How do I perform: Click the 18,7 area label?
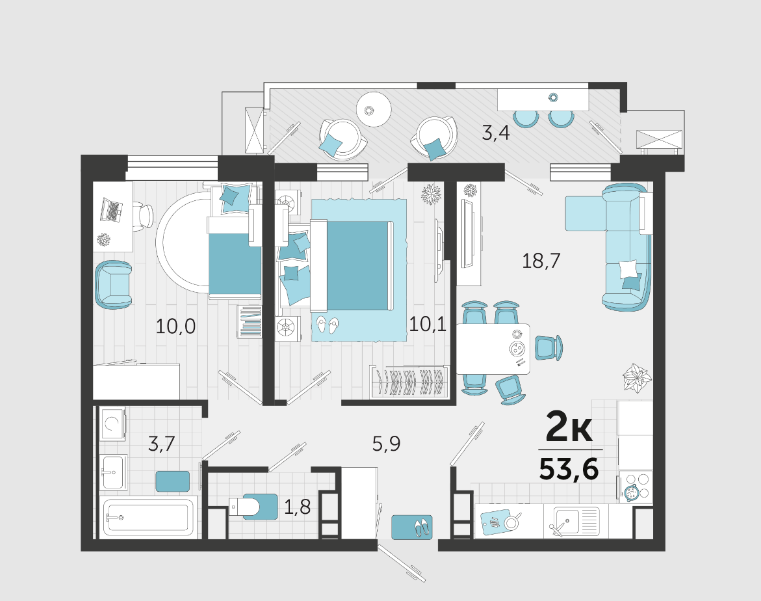pyautogui.click(x=541, y=261)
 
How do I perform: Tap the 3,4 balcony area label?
pyautogui.click(x=495, y=132)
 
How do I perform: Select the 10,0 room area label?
pyautogui.click(x=175, y=326)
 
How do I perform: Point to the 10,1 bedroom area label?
pyautogui.click(x=428, y=323)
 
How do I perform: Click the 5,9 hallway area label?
pyautogui.click(x=386, y=444)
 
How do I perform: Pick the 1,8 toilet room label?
pyautogui.click(x=297, y=507)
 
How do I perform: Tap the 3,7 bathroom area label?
pyautogui.click(x=161, y=444)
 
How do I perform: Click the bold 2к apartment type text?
pyautogui.click(x=569, y=427)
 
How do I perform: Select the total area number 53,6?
pyautogui.click(x=569, y=470)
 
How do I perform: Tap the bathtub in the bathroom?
pyautogui.click(x=149, y=517)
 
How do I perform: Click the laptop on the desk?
pyautogui.click(x=111, y=209)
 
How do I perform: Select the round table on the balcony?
pyautogui.click(x=374, y=109)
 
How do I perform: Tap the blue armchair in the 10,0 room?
pyautogui.click(x=114, y=285)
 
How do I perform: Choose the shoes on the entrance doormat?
pyautogui.click(x=420, y=526)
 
